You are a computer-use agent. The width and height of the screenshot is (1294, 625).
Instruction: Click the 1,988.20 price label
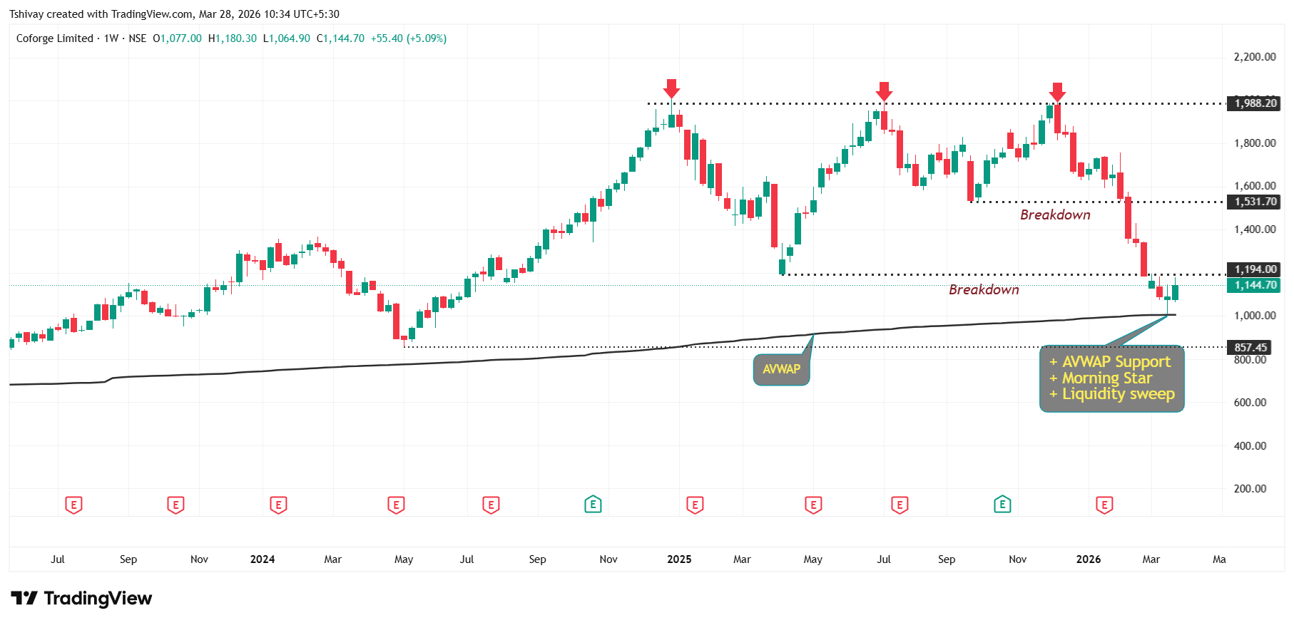coord(1255,103)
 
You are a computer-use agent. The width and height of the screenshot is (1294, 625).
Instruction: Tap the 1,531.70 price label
coord(1255,202)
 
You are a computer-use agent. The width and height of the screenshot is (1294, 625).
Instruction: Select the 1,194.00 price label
coord(1255,269)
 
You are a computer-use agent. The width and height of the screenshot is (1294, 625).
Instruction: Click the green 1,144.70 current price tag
coord(1255,285)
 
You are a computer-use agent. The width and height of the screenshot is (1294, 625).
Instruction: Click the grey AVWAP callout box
coord(781,369)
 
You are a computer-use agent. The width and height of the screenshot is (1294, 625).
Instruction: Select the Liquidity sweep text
coord(1118,394)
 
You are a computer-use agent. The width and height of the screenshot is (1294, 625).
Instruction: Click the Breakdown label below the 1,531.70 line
coord(1055,215)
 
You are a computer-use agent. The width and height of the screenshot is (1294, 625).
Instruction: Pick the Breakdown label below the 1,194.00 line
coord(984,290)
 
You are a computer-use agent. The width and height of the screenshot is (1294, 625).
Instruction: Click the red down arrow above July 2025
coord(884,91)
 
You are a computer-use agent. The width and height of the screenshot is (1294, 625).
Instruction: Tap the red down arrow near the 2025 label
coord(671,88)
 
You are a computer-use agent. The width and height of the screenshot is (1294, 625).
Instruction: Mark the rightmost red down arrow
coord(1057,91)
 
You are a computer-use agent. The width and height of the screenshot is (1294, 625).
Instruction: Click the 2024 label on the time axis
coord(263,559)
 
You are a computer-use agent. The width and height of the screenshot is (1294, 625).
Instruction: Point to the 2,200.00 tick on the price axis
coord(1255,57)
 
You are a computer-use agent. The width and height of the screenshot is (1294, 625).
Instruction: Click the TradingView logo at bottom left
coord(81,598)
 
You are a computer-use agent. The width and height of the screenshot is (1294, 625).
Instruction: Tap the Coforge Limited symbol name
coord(55,38)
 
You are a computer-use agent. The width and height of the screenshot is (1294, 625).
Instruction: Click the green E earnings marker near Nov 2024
coord(593,505)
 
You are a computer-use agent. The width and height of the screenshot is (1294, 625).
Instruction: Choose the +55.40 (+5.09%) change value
coord(408,38)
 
